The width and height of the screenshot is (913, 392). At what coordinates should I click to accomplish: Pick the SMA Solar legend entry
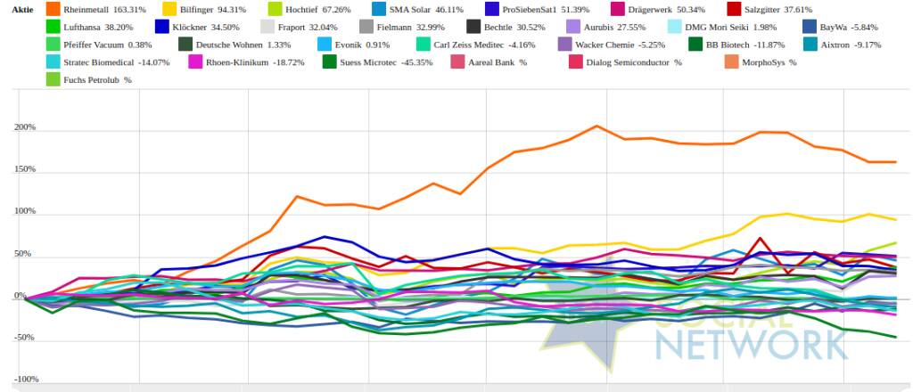tap(413, 10)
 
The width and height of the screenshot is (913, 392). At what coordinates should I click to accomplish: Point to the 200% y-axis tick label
tap(24, 127)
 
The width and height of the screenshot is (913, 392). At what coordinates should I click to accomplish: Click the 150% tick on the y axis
tap(24, 169)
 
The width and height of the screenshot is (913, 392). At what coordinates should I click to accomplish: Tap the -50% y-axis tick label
tap(24, 338)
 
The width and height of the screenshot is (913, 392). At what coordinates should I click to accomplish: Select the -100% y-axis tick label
tap(24, 380)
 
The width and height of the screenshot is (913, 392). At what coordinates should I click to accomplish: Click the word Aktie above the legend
tap(21, 10)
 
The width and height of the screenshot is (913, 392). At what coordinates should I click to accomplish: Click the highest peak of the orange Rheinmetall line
tap(596, 126)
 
